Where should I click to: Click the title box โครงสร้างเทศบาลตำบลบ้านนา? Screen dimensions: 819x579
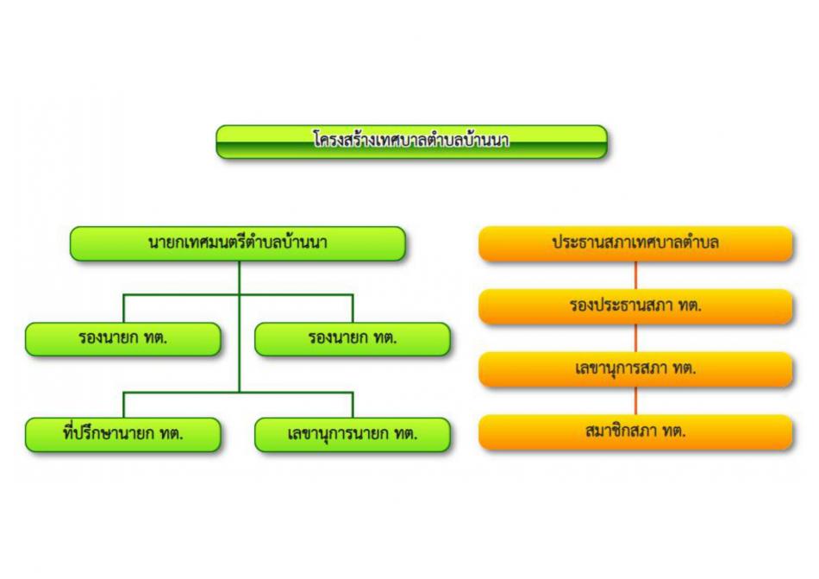(x=411, y=142)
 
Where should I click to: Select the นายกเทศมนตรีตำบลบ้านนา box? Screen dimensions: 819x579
(x=238, y=243)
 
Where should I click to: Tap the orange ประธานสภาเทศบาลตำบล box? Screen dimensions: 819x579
(x=635, y=243)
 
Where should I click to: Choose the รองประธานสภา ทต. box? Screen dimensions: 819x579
(x=635, y=306)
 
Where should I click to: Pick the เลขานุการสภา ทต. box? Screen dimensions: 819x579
(x=635, y=369)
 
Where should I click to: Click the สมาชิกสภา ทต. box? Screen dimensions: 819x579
(x=635, y=431)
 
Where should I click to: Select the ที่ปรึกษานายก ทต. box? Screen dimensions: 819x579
(x=123, y=435)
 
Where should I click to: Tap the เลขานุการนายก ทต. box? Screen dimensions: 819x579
(x=353, y=435)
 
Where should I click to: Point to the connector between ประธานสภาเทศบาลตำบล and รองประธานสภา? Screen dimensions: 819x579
(x=635, y=275)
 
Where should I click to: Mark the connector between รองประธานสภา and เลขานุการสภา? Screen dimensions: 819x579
(x=635, y=338)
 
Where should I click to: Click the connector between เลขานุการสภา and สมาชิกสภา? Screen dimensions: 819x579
(x=635, y=400)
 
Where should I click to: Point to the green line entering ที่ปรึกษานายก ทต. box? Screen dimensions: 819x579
(x=124, y=405)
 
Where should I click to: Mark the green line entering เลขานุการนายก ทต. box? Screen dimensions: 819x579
(x=353, y=405)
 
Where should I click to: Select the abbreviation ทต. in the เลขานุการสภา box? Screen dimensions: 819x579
(x=684, y=369)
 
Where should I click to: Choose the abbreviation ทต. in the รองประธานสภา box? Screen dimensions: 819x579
(x=690, y=305)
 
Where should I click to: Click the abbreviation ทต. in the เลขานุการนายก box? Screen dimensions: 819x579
(x=406, y=434)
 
